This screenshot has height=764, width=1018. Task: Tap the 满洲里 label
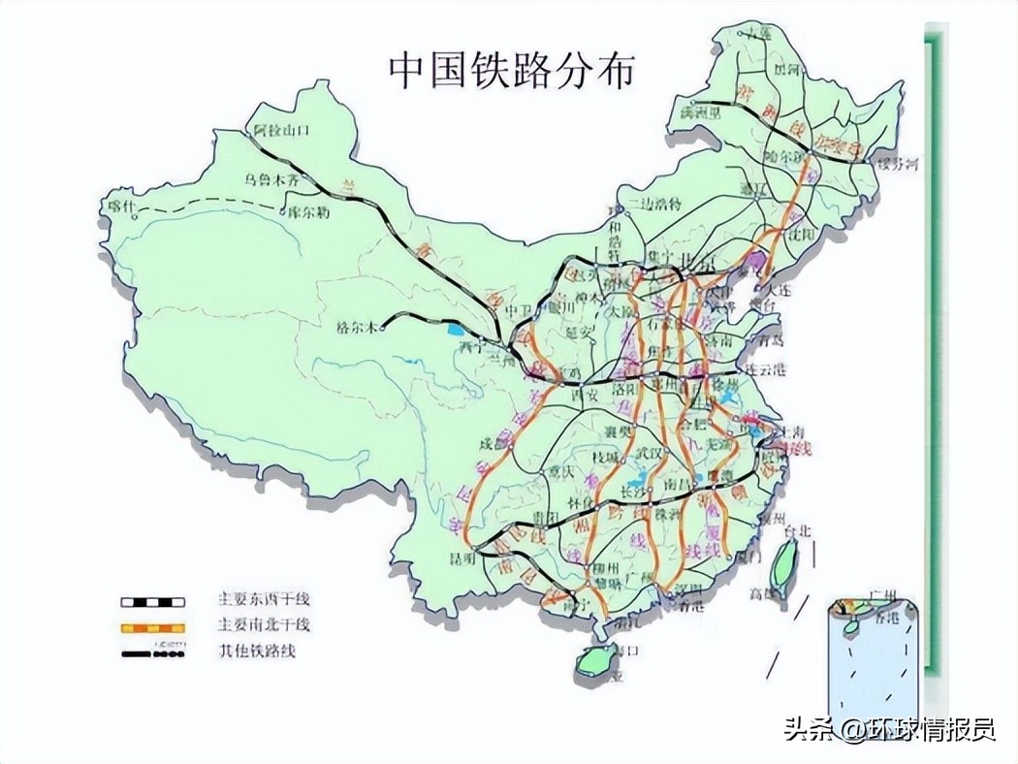pyautogui.click(x=700, y=112)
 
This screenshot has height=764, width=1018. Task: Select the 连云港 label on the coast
pyautogui.click(x=765, y=370)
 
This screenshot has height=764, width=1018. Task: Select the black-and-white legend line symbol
pyautogui.click(x=153, y=601)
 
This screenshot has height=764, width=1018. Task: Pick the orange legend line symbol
pyautogui.click(x=153, y=627)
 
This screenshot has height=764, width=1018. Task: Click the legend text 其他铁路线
pyautogui.click(x=257, y=651)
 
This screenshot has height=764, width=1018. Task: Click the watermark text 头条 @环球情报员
pyautogui.click(x=889, y=729)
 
